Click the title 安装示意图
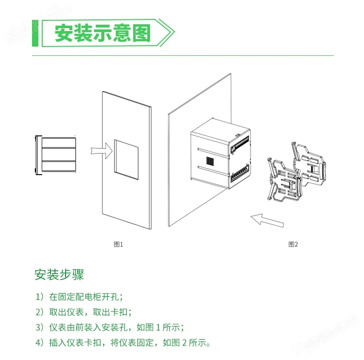(x=102, y=33)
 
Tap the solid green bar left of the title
(x=35, y=33)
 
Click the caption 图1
(x=118, y=244)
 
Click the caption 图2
(x=293, y=244)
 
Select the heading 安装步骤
(x=59, y=275)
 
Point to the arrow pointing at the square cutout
(x=101, y=151)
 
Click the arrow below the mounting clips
(x=267, y=220)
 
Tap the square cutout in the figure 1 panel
(x=126, y=160)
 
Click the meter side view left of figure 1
(x=56, y=155)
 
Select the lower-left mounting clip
(x=284, y=180)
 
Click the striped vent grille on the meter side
(x=210, y=161)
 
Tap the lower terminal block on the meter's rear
(x=240, y=175)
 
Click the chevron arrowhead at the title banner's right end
(x=166, y=33)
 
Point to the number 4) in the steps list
(x=39, y=343)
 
